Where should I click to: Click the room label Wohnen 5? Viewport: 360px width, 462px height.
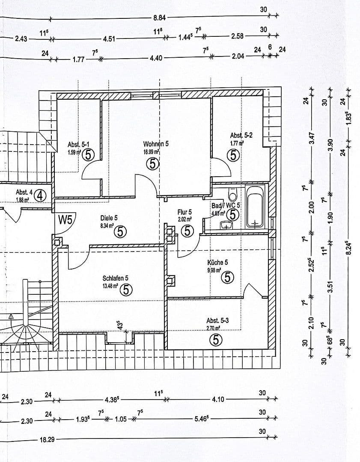[156, 144]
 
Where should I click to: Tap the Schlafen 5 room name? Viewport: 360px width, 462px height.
[115, 278]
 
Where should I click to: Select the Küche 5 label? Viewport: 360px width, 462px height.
[217, 262]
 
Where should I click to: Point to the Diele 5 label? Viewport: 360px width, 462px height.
[109, 217]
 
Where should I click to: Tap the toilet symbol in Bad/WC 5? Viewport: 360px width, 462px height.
[233, 195]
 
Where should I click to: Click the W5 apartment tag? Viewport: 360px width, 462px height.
[66, 220]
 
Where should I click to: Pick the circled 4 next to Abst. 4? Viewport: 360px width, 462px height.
[40, 195]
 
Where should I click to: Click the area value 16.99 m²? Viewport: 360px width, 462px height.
[152, 151]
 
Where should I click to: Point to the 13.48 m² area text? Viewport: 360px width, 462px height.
[110, 286]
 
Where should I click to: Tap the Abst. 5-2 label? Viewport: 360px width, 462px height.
[241, 136]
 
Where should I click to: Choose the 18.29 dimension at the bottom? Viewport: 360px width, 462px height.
[47, 439]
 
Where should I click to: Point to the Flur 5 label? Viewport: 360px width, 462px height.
[184, 212]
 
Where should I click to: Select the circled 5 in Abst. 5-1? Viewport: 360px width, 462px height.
[88, 154]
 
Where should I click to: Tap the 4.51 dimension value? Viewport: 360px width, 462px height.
[109, 38]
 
